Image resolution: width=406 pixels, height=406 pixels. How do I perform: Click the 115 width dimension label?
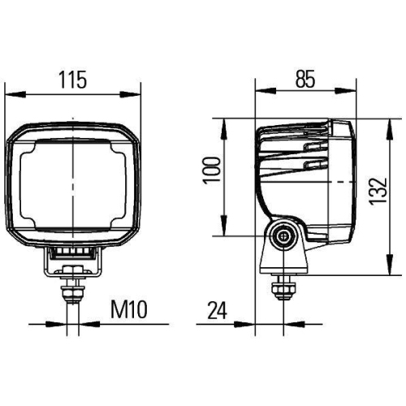(x=72, y=80)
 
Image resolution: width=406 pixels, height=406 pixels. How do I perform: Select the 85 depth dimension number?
(x=304, y=80)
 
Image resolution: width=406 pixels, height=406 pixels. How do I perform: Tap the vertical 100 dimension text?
(x=212, y=172)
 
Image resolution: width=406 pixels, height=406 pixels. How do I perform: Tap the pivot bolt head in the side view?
(x=283, y=235)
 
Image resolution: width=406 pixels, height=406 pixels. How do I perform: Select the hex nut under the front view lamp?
(x=71, y=285)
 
